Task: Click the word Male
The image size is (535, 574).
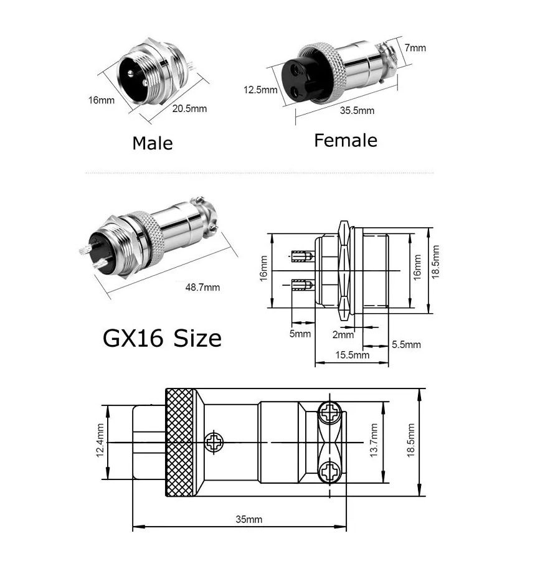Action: tap(153, 143)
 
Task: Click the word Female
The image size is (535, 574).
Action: tap(346, 140)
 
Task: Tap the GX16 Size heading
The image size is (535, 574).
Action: tap(162, 338)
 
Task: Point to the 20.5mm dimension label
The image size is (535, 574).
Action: tap(189, 109)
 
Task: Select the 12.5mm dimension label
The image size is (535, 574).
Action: tap(260, 90)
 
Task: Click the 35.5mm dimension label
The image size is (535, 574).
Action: tap(357, 111)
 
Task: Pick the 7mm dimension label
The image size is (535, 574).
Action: tap(415, 47)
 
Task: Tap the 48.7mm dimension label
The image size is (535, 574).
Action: tap(202, 287)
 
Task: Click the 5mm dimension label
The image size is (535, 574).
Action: tap(300, 334)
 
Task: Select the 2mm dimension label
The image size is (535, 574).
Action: tap(343, 334)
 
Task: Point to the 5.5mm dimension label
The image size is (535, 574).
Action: tap(406, 344)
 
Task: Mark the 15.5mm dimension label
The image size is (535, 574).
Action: tap(353, 355)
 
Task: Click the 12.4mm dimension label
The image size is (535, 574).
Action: tap(100, 441)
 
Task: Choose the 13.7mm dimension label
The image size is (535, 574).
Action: tap(374, 440)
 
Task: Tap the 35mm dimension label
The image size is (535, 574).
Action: tap(249, 519)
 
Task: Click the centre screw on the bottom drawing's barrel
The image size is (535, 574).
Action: tap(214, 442)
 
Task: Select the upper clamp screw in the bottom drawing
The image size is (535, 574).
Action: tap(330, 412)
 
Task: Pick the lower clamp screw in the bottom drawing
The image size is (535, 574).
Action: tap(330, 472)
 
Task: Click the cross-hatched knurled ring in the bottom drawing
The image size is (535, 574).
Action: tap(179, 442)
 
